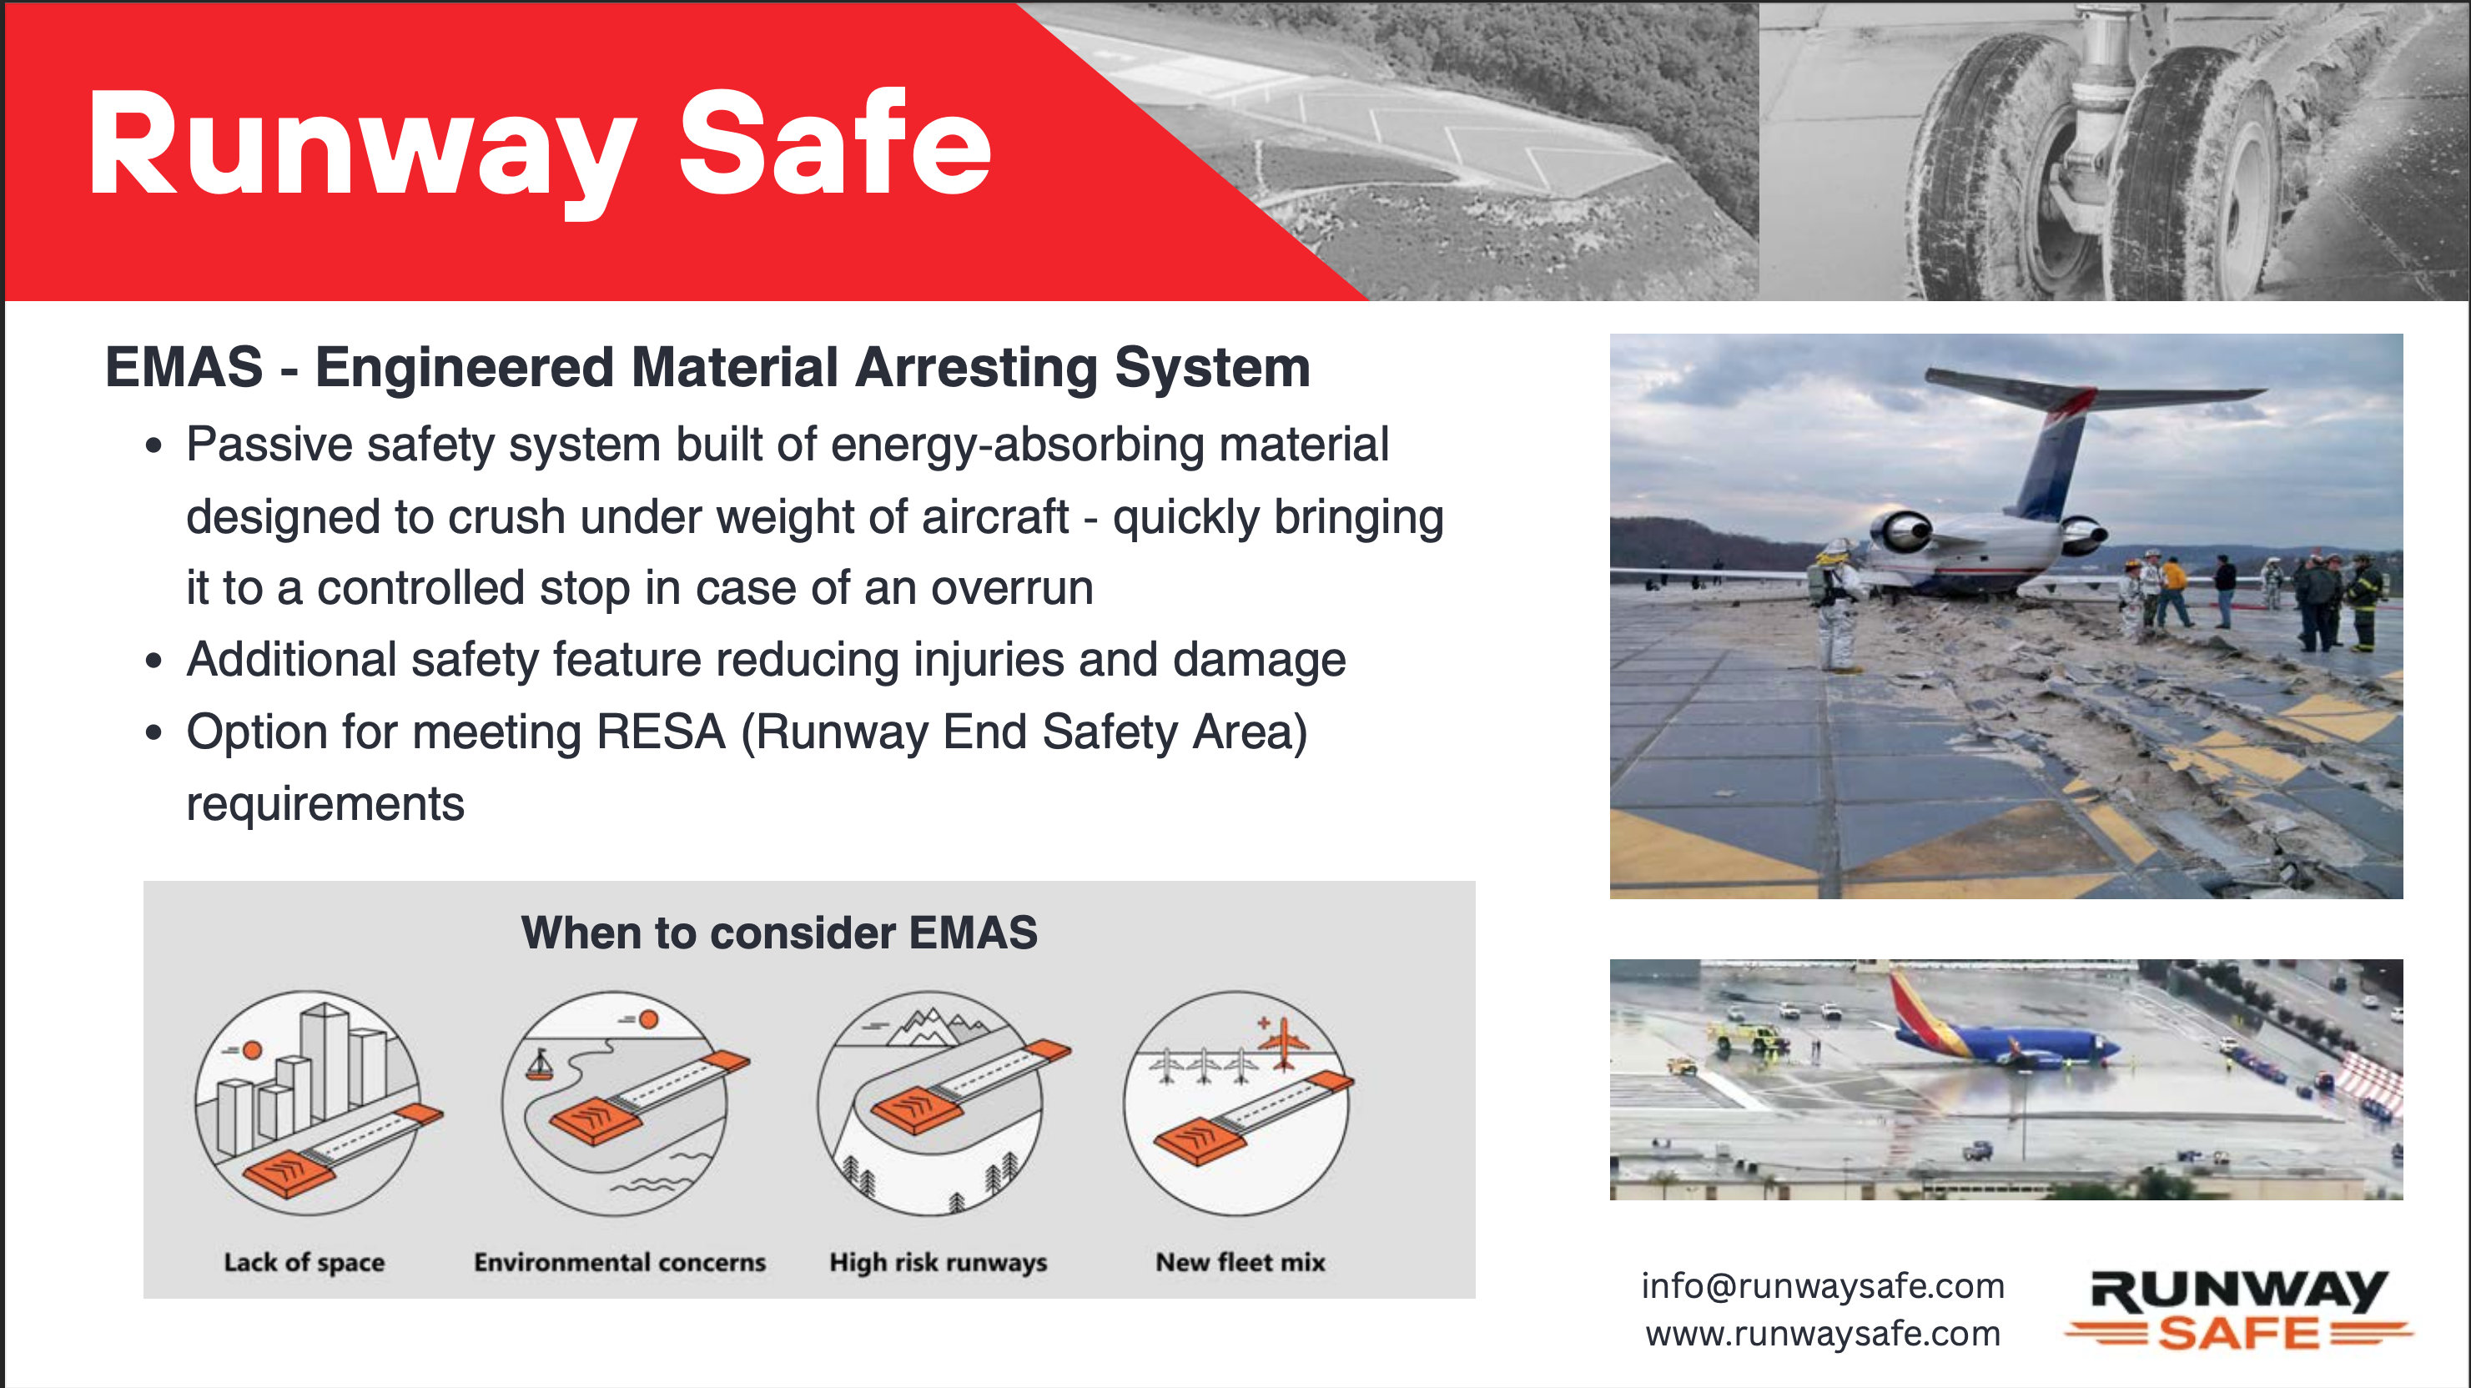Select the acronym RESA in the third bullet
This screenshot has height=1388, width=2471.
(661, 732)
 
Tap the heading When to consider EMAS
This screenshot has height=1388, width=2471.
(779, 933)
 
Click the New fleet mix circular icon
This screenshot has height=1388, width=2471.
(1237, 1103)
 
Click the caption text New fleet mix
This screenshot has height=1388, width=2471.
(1241, 1261)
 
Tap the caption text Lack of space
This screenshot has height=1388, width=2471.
(304, 1262)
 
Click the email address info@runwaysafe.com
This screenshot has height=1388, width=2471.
(1823, 1285)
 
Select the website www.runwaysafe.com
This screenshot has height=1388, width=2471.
(1823, 1333)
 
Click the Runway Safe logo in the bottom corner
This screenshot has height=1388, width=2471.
(2238, 1310)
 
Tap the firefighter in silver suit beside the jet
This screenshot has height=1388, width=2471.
(1838, 604)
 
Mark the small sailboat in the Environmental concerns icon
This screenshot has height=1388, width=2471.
(540, 1064)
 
